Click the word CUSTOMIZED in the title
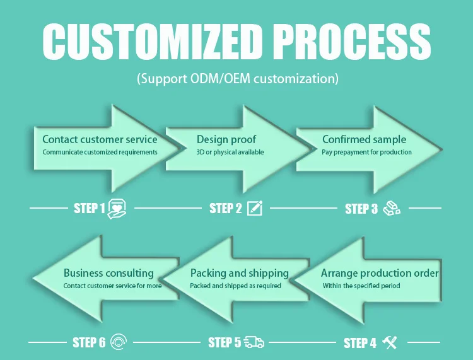pyautogui.click(x=151, y=42)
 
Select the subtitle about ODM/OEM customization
pyautogui.click(x=238, y=79)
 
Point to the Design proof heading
pyautogui.click(x=226, y=139)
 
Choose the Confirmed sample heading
pyautogui.click(x=364, y=139)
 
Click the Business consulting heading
pyautogui.click(x=108, y=273)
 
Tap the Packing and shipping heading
pyautogui.click(x=239, y=273)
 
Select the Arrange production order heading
pyautogui.click(x=380, y=273)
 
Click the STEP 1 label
pyautogui.click(x=90, y=209)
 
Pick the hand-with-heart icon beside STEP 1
pyautogui.click(x=119, y=208)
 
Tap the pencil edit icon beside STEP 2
pyautogui.click(x=255, y=208)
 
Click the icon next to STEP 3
pyautogui.click(x=392, y=208)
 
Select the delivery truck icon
pyautogui.click(x=254, y=342)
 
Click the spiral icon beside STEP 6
pyautogui.click(x=119, y=342)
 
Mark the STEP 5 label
pyautogui.click(x=225, y=343)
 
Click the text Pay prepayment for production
pyautogui.click(x=366, y=152)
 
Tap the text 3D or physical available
pyautogui.click(x=230, y=152)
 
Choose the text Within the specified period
pyautogui.click(x=361, y=286)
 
